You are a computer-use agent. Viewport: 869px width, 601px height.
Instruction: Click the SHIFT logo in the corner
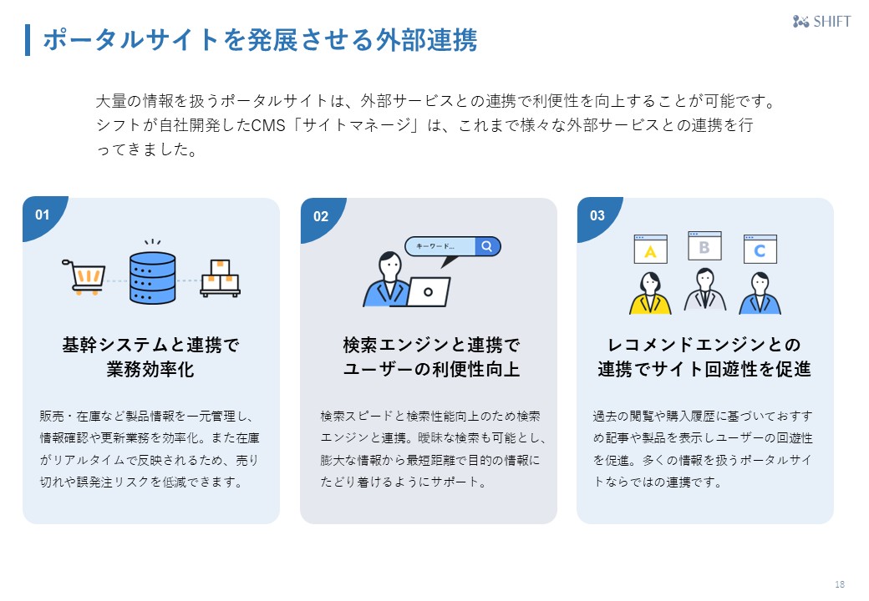click(821, 22)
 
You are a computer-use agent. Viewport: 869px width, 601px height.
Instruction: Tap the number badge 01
click(43, 215)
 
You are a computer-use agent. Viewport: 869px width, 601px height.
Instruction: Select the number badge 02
click(321, 216)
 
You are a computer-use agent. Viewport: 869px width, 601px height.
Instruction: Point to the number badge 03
click(597, 215)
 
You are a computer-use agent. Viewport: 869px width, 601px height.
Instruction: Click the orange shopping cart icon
click(84, 275)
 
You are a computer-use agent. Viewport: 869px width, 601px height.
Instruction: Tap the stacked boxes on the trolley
click(220, 278)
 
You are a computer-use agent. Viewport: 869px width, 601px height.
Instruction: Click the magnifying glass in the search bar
click(486, 246)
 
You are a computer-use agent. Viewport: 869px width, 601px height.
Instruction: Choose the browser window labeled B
click(704, 246)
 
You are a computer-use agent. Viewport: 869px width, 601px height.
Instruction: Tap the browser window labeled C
click(760, 249)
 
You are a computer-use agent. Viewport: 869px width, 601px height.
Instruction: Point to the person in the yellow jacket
click(650, 293)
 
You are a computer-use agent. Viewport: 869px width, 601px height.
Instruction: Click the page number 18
click(839, 583)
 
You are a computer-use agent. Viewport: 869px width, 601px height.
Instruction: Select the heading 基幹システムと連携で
click(150, 345)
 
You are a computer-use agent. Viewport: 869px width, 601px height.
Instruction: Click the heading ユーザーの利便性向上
click(431, 369)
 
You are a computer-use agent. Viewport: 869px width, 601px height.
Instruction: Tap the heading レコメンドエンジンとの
click(704, 345)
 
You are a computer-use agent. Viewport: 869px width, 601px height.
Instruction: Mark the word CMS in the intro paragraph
click(268, 126)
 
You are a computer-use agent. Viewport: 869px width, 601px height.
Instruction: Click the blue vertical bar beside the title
click(28, 40)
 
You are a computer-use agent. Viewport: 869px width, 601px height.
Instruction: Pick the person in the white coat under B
click(704, 290)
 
